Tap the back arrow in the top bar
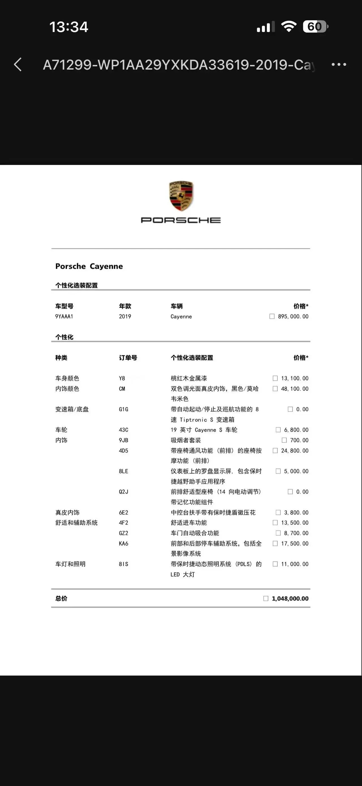tap(18, 65)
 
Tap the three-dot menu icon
tap(339, 64)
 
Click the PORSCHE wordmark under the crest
tap(181, 220)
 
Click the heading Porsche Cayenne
tap(89, 266)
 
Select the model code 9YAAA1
tap(64, 316)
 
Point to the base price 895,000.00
tap(293, 316)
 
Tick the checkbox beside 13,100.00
tap(275, 378)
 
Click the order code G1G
tap(123, 409)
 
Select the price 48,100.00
tap(294, 389)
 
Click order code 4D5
tap(123, 451)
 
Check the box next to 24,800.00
tap(275, 451)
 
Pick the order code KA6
tap(123, 543)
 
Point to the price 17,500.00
tap(294, 543)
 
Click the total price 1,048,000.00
tap(290, 599)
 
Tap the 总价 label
tap(61, 599)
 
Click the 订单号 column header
tap(128, 358)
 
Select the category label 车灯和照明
tap(70, 564)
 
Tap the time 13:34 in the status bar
tap(69, 27)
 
